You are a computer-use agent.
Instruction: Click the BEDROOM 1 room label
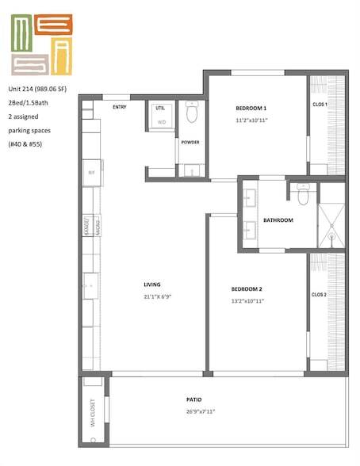(x=251, y=108)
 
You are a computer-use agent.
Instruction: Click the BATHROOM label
(x=278, y=220)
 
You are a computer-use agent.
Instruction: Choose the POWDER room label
(x=190, y=143)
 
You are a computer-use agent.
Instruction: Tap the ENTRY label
(x=121, y=107)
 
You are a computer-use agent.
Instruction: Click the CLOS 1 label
(x=320, y=105)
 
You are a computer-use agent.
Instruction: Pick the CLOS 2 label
(x=319, y=295)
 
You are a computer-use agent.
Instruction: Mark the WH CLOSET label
(x=93, y=412)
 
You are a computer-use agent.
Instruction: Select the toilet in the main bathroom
(x=301, y=192)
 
